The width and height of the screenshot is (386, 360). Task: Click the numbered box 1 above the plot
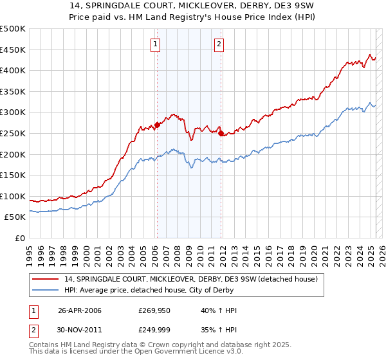click(156, 44)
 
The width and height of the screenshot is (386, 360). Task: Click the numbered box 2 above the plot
click(219, 44)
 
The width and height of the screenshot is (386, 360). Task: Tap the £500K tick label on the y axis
click(13, 29)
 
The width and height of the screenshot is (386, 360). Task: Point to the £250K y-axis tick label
click(13, 133)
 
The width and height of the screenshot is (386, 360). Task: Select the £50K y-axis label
click(15, 217)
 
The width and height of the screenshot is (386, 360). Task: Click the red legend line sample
click(45, 280)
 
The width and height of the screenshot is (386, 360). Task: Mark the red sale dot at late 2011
click(221, 134)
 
